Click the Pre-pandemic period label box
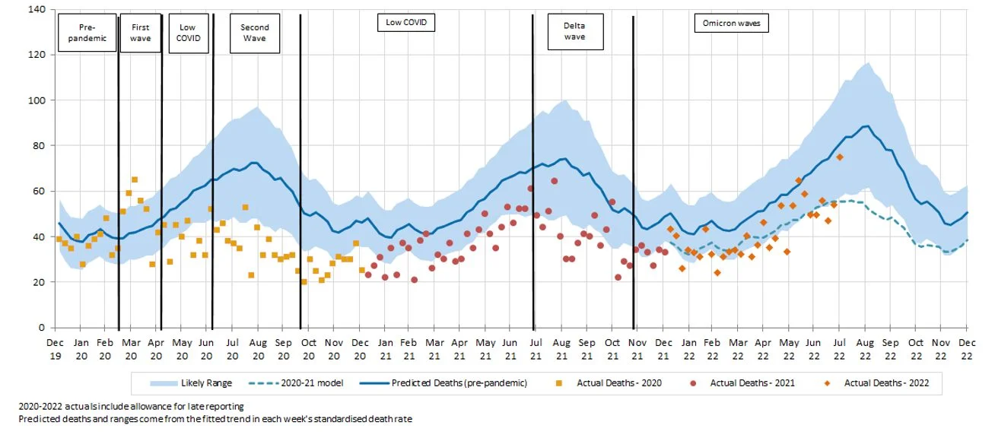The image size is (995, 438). click(87, 33)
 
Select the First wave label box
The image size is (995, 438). click(141, 33)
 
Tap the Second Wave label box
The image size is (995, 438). click(255, 33)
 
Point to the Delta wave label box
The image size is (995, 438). click(574, 31)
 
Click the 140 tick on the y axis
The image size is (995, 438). click(36, 10)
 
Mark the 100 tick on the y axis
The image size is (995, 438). click(36, 100)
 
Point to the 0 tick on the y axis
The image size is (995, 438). click(41, 328)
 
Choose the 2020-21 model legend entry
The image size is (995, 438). click(314, 382)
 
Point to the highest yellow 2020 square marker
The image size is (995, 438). click(135, 179)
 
